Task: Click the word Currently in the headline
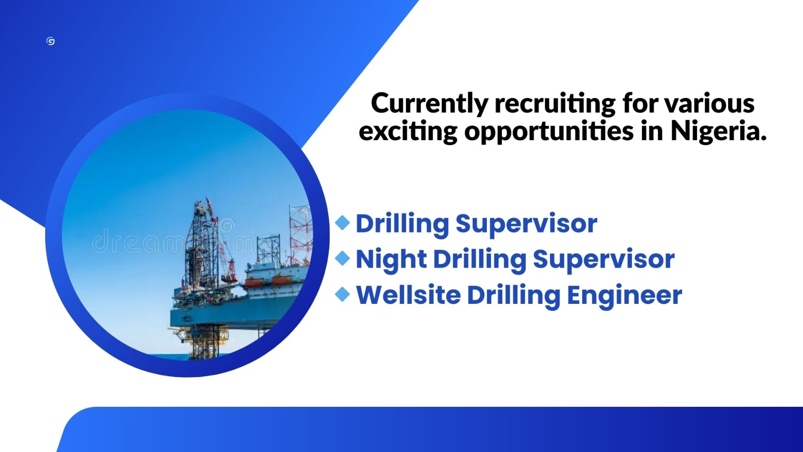coord(428,104)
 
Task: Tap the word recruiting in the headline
coord(555,104)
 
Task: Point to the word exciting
coord(408,132)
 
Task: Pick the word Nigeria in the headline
coord(718,132)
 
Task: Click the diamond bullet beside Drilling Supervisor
coord(342,222)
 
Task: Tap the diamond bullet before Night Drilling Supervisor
coord(342,258)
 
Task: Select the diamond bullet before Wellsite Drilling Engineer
coord(342,294)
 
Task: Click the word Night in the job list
coord(391,260)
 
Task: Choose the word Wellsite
coord(408,295)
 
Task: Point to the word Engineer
coord(624,295)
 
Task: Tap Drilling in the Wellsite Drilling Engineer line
coord(513,295)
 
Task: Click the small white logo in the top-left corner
coord(50,41)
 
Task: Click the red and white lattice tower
coord(300,229)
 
